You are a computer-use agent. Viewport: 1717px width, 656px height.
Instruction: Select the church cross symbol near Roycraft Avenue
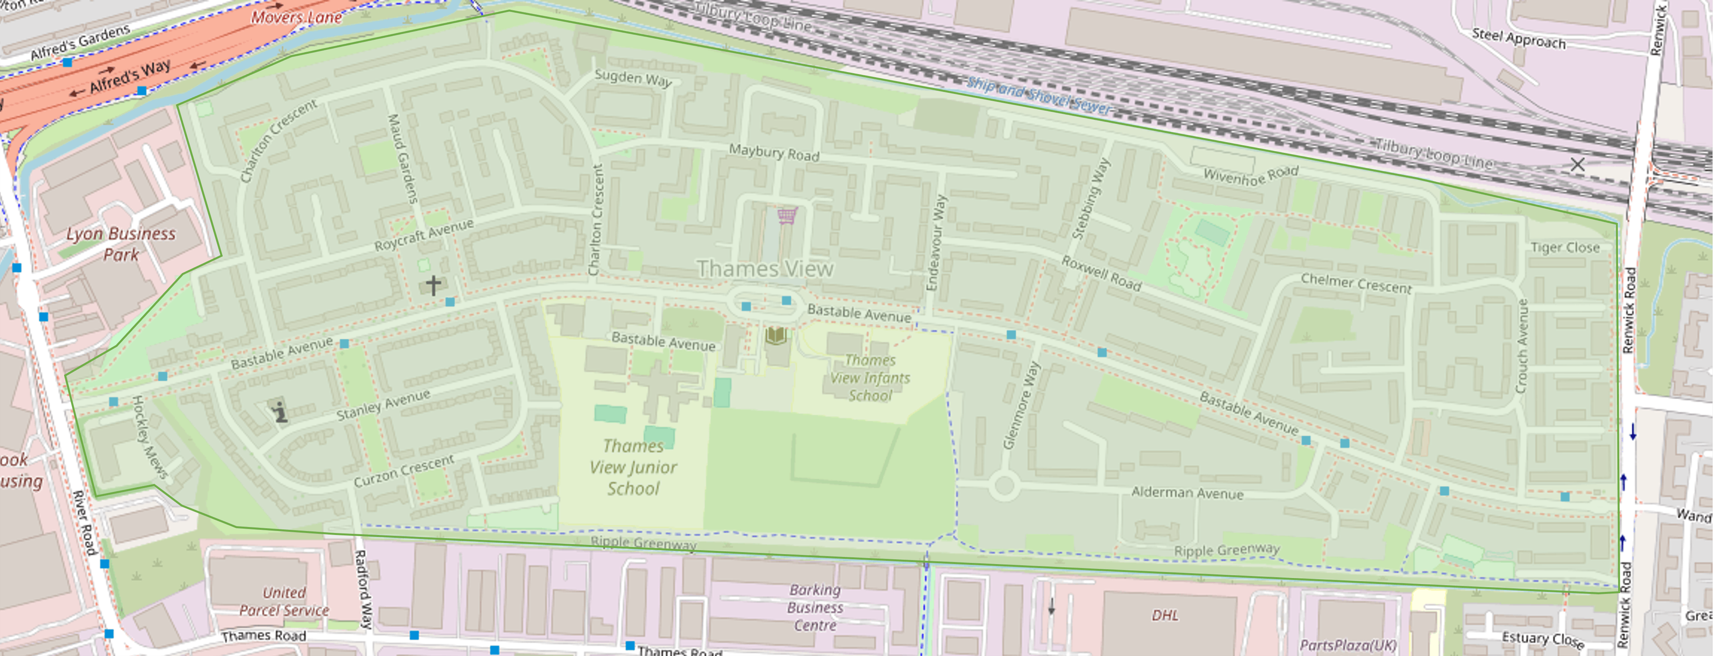(433, 286)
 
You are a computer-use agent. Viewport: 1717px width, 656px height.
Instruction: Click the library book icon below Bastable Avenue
(776, 335)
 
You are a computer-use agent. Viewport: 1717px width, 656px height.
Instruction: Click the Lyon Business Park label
(121, 244)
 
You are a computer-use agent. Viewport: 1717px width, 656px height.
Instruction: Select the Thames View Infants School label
(870, 378)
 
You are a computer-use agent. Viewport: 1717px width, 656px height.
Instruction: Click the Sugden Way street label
(633, 78)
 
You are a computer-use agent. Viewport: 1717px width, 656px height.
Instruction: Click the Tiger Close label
(1565, 248)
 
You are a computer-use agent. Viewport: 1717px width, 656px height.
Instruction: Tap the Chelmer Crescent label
(1356, 284)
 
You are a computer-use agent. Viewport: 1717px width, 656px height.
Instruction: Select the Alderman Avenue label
(1187, 493)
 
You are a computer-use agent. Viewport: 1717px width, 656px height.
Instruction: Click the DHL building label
(1165, 615)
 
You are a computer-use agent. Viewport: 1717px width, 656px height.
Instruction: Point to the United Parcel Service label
(284, 601)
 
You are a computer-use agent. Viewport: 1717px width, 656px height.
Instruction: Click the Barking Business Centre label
(815, 607)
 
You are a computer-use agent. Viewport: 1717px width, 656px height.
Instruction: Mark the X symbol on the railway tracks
(1577, 164)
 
